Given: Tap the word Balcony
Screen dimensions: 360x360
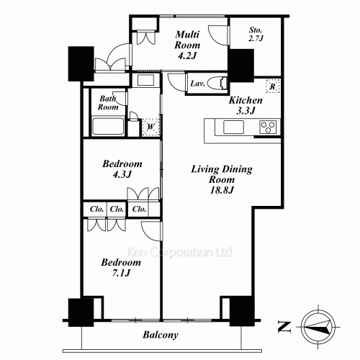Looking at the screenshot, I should click(160, 335).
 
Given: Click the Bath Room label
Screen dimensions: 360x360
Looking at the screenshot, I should click(109, 102).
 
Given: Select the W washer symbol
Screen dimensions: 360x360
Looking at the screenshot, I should click(150, 127).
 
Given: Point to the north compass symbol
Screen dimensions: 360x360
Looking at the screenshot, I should click(317, 325).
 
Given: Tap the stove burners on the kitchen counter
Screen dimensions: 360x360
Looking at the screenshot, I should click(268, 128).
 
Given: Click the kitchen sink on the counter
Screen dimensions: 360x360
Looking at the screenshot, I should click(235, 127).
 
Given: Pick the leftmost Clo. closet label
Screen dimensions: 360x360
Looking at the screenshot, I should click(96, 209).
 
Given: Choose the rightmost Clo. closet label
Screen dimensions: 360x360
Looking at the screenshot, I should click(139, 209).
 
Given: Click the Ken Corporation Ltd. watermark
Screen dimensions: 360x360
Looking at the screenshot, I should click(179, 253).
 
